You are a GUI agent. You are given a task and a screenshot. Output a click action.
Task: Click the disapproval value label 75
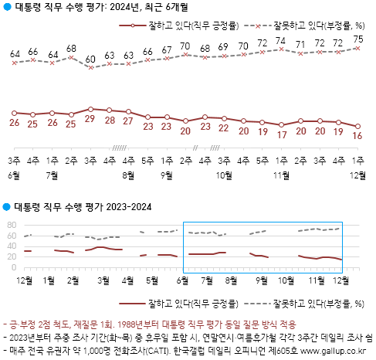click(x=358, y=39)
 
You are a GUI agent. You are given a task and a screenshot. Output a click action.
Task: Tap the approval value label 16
click(x=358, y=135)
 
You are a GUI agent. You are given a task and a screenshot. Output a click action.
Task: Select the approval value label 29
click(x=90, y=120)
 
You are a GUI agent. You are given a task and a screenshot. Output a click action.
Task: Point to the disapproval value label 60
click(x=90, y=59)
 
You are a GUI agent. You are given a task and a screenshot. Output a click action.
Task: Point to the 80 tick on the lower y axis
click(x=12, y=225)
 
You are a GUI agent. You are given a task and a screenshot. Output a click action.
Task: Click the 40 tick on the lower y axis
click(x=12, y=246)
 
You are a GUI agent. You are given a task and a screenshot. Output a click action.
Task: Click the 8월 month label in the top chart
click(x=128, y=175)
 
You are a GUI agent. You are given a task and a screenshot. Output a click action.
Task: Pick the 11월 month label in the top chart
click(x=282, y=175)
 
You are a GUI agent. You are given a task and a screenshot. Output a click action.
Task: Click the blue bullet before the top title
click(x=7, y=10)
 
